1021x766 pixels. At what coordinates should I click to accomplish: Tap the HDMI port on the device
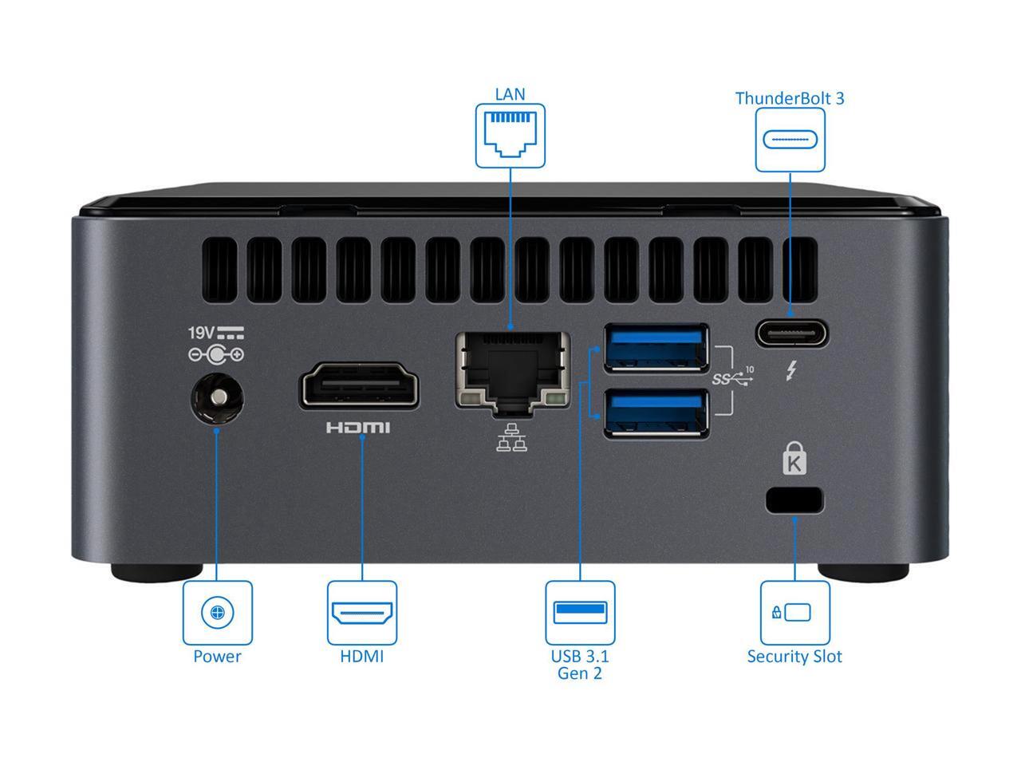click(x=361, y=387)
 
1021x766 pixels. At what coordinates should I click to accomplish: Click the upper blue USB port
click(x=656, y=347)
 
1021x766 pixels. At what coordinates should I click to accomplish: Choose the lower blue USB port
click(x=656, y=412)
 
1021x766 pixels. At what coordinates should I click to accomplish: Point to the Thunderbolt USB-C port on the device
click(x=792, y=333)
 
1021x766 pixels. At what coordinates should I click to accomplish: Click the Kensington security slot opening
click(x=794, y=500)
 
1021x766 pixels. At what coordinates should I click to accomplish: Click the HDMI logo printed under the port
click(x=358, y=428)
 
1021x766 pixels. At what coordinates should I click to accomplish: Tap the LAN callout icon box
click(x=510, y=136)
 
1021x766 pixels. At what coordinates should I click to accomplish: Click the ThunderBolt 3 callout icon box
click(x=790, y=140)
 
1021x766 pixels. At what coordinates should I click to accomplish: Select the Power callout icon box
click(x=217, y=613)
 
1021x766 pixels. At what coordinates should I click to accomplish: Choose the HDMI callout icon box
click(x=362, y=613)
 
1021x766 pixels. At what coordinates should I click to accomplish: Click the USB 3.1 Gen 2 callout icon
click(x=580, y=613)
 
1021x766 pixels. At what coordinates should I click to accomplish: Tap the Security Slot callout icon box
click(x=794, y=613)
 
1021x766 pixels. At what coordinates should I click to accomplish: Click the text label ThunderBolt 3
click(x=790, y=98)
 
